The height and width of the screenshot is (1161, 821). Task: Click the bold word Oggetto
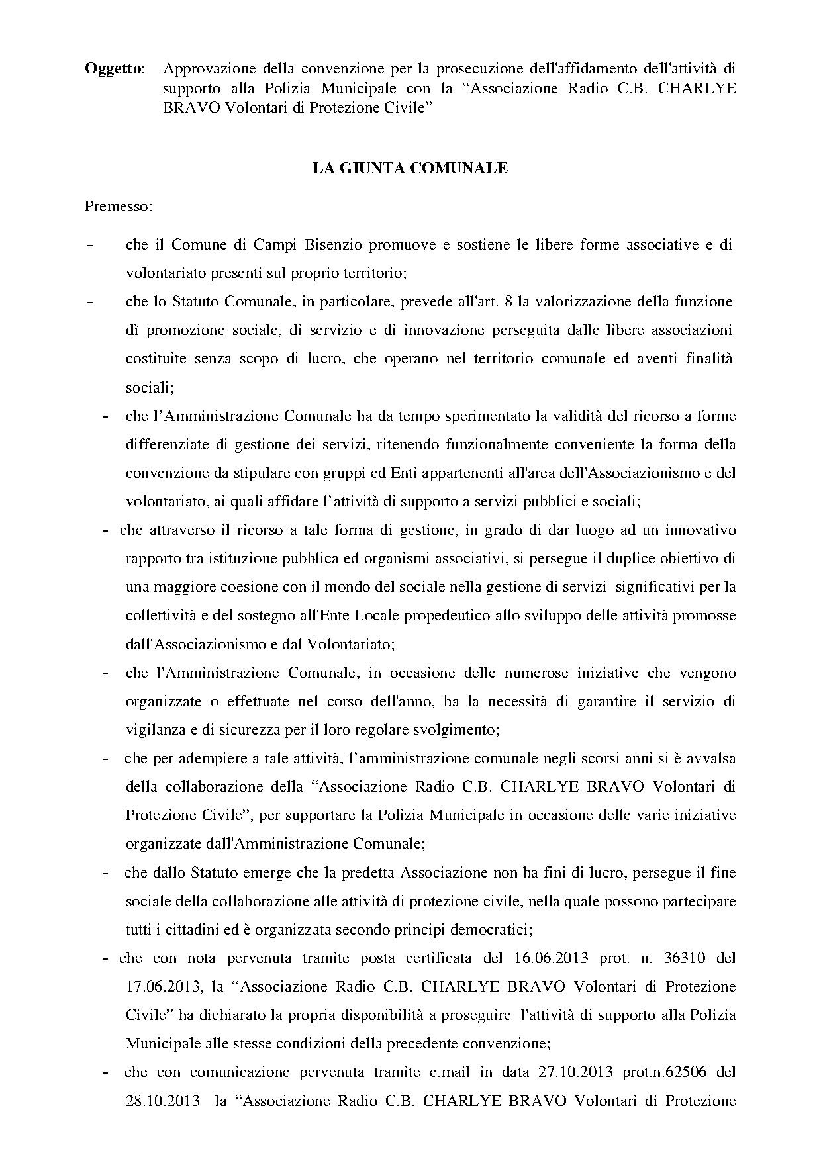[114, 69]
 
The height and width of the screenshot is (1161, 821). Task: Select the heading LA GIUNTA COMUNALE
[410, 169]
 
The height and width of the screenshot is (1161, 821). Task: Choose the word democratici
[489, 929]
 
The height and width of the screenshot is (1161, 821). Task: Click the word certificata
[433, 958]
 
